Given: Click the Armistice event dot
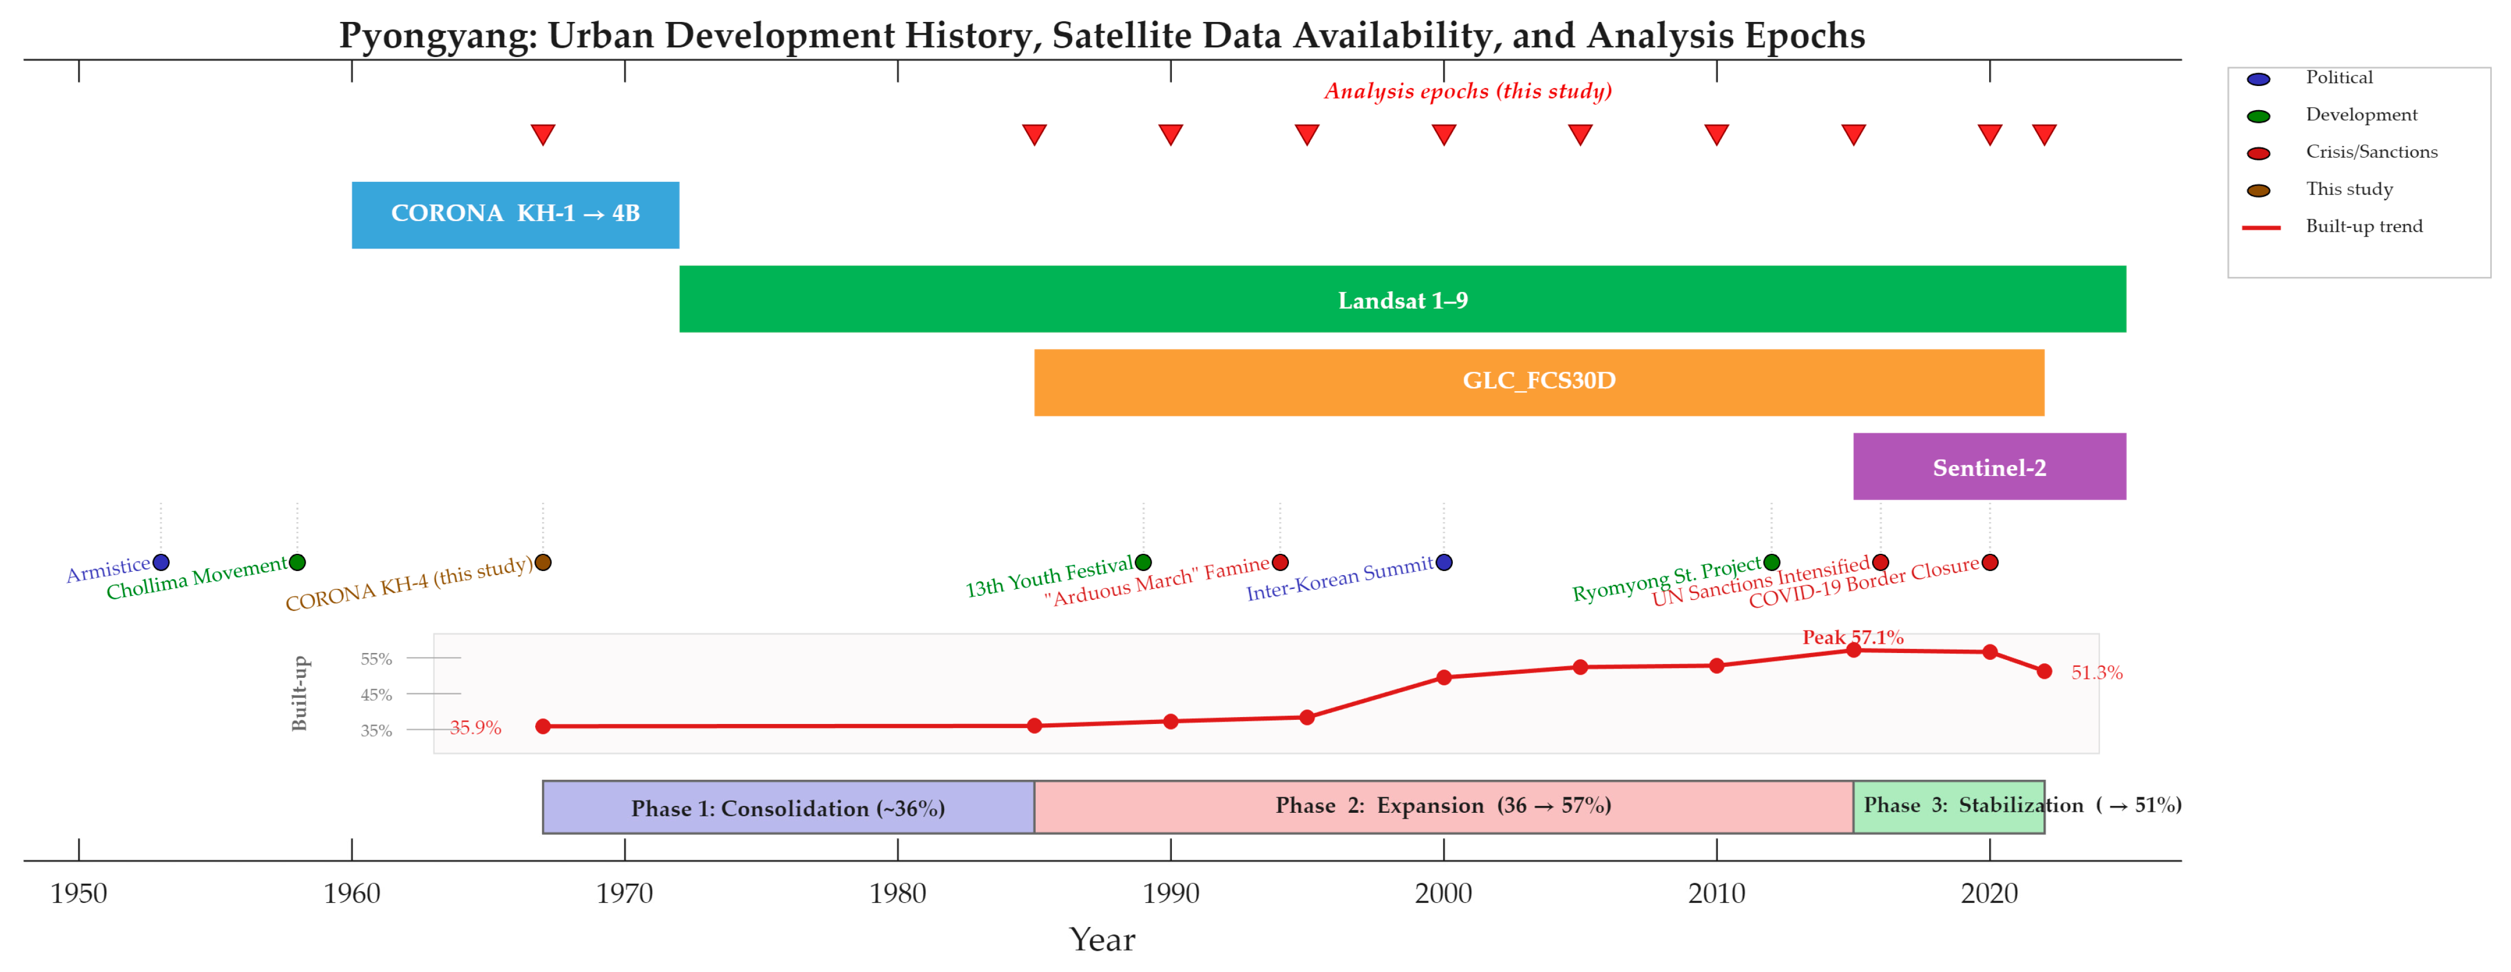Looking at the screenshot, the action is click(x=161, y=562).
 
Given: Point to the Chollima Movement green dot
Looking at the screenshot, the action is click(x=298, y=562).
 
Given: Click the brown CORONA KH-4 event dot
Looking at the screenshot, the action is click(x=543, y=562).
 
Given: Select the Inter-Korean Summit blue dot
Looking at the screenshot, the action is click(x=1444, y=562).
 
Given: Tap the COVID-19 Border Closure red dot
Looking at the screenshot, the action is click(x=1990, y=562).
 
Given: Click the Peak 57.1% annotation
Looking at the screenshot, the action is click(x=1852, y=637).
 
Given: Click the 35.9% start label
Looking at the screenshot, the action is click(x=476, y=727).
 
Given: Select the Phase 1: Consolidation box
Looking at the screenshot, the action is click(x=788, y=807).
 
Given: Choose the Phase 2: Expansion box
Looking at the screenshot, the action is click(x=1444, y=807).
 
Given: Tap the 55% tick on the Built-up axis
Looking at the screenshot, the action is click(x=376, y=659).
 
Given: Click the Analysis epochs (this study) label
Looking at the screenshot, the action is click(x=1468, y=92).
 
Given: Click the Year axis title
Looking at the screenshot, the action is click(x=1103, y=939).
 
